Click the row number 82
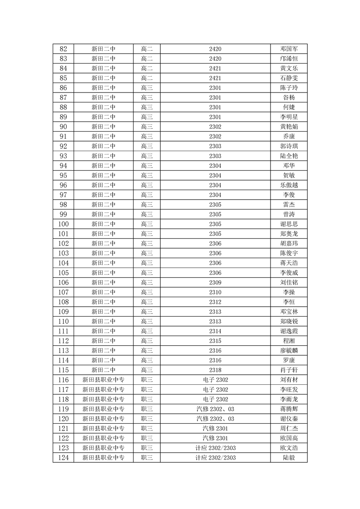[x=63, y=49]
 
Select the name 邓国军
[x=289, y=49]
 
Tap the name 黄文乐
[x=289, y=69]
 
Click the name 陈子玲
[x=289, y=88]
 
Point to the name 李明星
[x=289, y=117]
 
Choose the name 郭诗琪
[x=289, y=146]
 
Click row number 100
[x=63, y=224]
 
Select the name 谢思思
[x=289, y=224]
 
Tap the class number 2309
[x=215, y=283]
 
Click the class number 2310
[x=215, y=292]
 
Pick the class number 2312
[x=215, y=302]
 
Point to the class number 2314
[x=215, y=331]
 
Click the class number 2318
[x=215, y=370]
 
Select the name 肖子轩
[x=289, y=370]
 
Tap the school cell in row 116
[x=104, y=380]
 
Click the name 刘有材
[x=289, y=380]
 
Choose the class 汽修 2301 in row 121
[x=215, y=429]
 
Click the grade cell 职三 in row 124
[x=147, y=458]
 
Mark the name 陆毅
[x=289, y=458]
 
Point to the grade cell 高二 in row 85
[x=147, y=78]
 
